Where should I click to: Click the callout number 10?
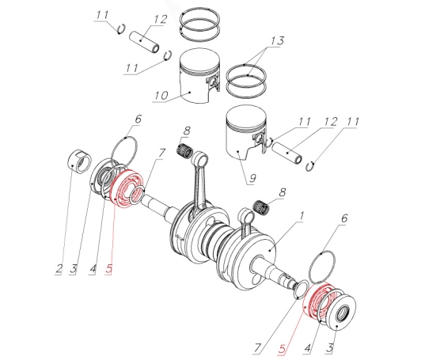click(x=161, y=96)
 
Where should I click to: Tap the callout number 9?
click(x=252, y=178)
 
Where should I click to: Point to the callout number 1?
click(x=301, y=216)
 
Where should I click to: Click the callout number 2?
click(x=59, y=269)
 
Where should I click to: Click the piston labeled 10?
click(x=200, y=75)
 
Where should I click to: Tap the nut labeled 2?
click(x=80, y=161)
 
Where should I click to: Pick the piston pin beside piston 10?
click(x=145, y=42)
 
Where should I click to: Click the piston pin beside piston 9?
click(x=287, y=153)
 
